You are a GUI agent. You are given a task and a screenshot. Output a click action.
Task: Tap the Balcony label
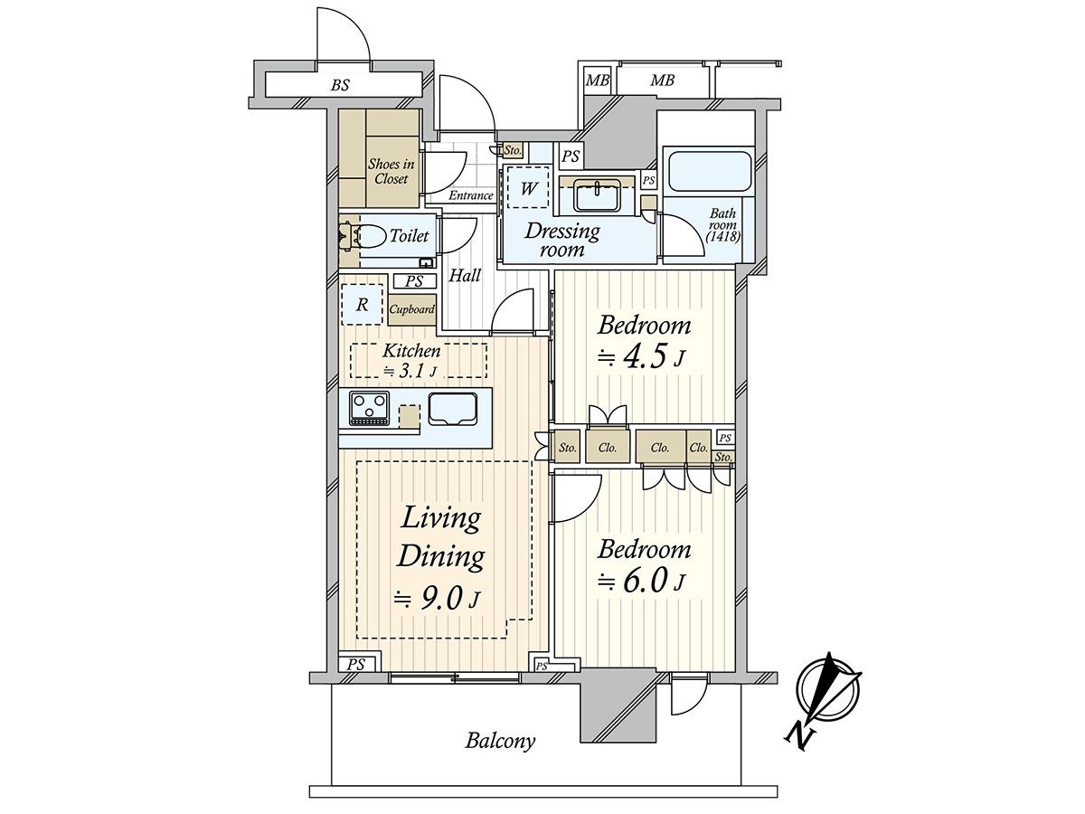[x=500, y=754]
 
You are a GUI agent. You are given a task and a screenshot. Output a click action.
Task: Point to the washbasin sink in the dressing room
[x=597, y=196]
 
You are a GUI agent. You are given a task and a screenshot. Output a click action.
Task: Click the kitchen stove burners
[x=369, y=408]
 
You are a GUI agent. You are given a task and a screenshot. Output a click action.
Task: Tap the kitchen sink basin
[x=453, y=409]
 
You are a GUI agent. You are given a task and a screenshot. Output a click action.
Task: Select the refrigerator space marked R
[x=362, y=305]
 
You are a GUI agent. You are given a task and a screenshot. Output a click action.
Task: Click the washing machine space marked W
[x=528, y=187]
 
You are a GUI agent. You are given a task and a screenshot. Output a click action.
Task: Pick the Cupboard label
[x=411, y=310]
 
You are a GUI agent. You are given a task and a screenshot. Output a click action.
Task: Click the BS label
[x=340, y=86]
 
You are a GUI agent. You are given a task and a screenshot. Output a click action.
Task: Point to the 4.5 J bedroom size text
[x=641, y=359]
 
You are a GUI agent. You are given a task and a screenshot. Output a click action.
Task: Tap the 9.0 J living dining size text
[x=436, y=601]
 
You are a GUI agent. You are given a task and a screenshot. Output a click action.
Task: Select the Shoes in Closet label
[x=391, y=171]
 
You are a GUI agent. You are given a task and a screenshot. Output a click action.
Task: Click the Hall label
[x=465, y=275]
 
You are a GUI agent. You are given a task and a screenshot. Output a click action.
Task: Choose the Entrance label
[x=471, y=195]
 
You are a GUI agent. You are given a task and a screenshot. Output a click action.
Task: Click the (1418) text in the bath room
[x=722, y=237]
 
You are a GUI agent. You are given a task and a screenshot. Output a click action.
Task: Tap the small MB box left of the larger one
[x=597, y=80]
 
